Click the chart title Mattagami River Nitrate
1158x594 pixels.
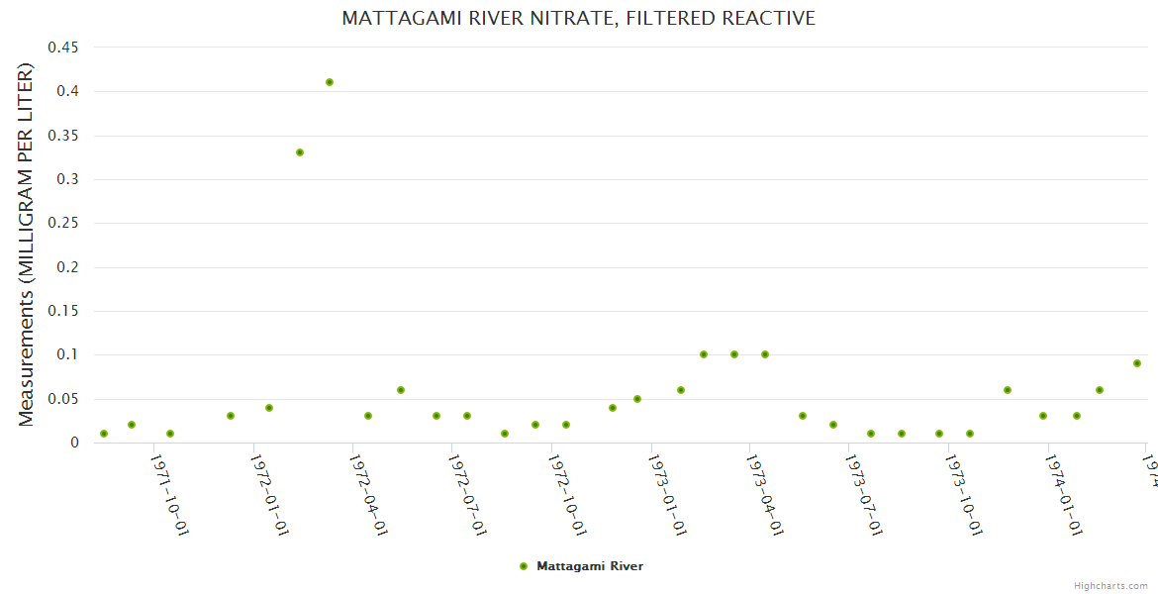(x=578, y=18)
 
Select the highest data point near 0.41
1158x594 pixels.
(x=330, y=82)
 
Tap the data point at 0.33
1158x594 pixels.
(x=300, y=152)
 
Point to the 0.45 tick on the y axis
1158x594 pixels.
(x=63, y=48)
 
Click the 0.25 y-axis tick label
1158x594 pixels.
(x=63, y=223)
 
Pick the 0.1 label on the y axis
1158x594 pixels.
(x=67, y=354)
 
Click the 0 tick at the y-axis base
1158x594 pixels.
(x=74, y=443)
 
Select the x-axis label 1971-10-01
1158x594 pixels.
(x=169, y=494)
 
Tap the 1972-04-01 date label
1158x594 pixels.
(x=367, y=494)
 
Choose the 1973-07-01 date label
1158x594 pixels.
(x=863, y=494)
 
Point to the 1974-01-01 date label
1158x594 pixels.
(x=1062, y=494)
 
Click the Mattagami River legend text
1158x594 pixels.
(x=590, y=566)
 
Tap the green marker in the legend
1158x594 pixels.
(x=524, y=566)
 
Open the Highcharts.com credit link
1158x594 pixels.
(x=1110, y=585)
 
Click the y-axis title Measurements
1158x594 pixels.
(x=27, y=245)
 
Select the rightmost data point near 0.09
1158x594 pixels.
(x=1137, y=363)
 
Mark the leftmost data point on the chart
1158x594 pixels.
(x=104, y=434)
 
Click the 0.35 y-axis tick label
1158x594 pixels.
(x=63, y=136)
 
